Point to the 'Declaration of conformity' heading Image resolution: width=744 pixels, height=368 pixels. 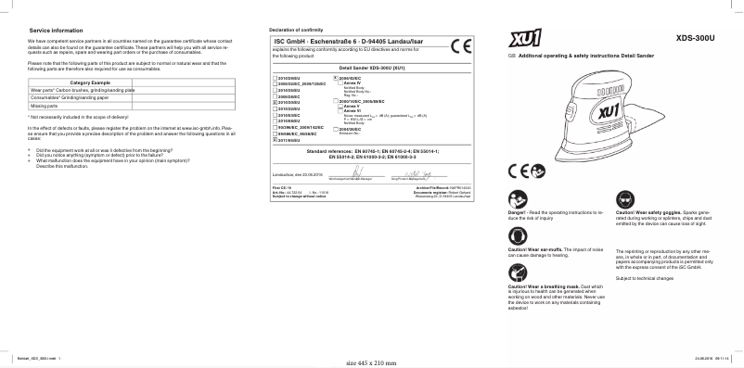[x=295, y=31]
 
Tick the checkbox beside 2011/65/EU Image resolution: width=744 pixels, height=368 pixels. [x=272, y=139]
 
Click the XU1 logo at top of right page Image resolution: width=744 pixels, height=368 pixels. [x=527, y=38]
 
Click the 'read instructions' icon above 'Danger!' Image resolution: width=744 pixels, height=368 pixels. [x=518, y=197]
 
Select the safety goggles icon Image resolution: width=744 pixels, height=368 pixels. [x=623, y=197]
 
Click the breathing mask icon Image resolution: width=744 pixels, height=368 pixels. [x=518, y=273]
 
